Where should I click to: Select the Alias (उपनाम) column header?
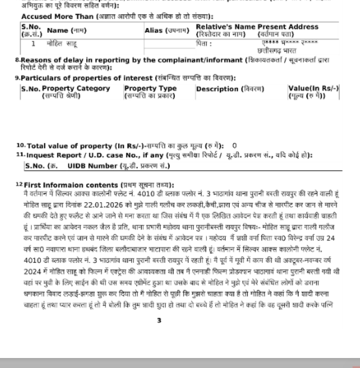[x=167, y=30]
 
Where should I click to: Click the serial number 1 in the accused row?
[x=33, y=44]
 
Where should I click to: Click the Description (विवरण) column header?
[x=229, y=89]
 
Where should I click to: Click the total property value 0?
[x=234, y=146]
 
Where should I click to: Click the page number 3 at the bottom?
[x=159, y=321]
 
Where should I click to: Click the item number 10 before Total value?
[x=20, y=145]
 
